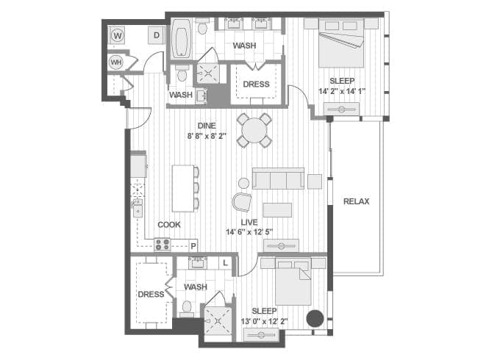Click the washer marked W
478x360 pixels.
click(118, 36)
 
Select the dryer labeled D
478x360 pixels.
click(157, 35)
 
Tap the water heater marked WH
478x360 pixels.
click(116, 62)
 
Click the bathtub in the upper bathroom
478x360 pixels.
click(181, 39)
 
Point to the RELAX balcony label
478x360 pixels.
click(357, 201)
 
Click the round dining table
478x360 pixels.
click(254, 130)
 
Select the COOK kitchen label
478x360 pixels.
click(169, 225)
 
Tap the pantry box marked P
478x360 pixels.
click(193, 246)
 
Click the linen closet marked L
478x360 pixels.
click(225, 263)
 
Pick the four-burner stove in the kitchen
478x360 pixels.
click(162, 244)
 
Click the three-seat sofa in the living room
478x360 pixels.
click(278, 179)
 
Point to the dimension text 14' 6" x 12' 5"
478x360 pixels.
click(249, 232)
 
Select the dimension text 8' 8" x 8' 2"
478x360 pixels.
click(207, 136)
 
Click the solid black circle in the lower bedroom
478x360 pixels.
click(315, 319)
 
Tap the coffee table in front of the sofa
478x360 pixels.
click(277, 210)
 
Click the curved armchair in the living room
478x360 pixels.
click(242, 202)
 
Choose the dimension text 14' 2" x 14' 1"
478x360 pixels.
click(342, 91)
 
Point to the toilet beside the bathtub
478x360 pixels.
click(201, 27)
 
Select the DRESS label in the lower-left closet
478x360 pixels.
click(151, 295)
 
